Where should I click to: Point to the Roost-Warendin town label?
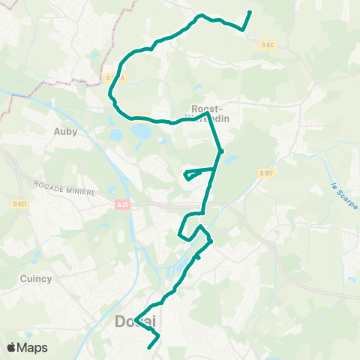pos(210,112)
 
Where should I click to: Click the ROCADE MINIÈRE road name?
pos(64,187)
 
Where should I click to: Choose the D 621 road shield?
pos(19,203)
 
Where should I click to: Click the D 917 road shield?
pos(266,174)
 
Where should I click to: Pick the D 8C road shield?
pos(268,45)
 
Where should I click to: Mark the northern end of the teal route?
pos(250,12)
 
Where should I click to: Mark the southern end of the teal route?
pos(151,347)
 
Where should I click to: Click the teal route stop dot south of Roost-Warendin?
pos(220,151)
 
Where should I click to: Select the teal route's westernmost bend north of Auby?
pos(111,94)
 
